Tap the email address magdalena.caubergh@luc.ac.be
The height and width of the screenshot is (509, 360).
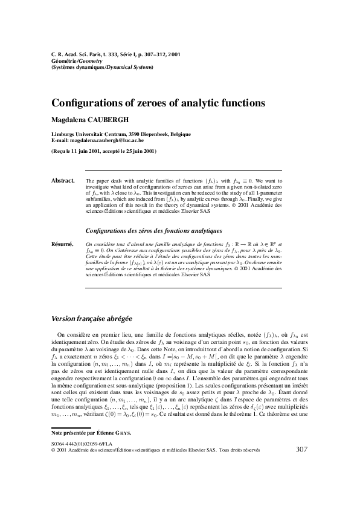tap(107, 140)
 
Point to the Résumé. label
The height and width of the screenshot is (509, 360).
tap(63, 244)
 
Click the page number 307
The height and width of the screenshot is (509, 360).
tap(303, 482)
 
